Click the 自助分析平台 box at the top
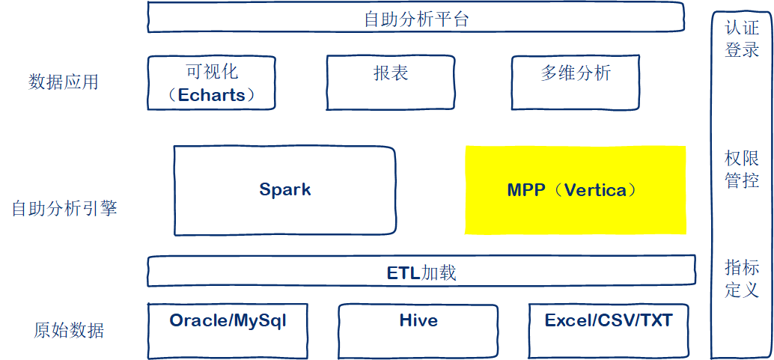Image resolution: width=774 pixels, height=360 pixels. click(x=415, y=18)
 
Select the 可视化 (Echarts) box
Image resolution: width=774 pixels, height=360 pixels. click(x=211, y=82)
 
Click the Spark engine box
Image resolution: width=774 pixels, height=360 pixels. click(x=284, y=189)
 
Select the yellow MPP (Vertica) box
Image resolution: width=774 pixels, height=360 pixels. click(x=575, y=189)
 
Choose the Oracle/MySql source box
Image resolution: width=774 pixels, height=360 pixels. click(x=228, y=329)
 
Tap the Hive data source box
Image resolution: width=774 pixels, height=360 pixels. click(x=418, y=329)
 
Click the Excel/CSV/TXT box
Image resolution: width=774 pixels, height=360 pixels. click(x=609, y=329)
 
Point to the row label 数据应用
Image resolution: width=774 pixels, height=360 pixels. click(x=64, y=82)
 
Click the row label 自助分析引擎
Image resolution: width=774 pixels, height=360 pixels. click(x=64, y=209)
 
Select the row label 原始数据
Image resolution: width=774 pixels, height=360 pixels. click(x=69, y=330)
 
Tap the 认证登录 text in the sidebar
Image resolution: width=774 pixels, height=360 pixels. click(x=742, y=39)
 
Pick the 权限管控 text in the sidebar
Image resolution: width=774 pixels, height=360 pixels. click(x=742, y=169)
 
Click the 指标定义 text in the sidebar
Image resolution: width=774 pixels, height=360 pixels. click(x=742, y=278)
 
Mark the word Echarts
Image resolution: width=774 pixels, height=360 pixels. click(x=211, y=96)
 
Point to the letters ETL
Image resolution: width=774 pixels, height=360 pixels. click(x=403, y=273)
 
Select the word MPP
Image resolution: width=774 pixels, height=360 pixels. click(x=525, y=190)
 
